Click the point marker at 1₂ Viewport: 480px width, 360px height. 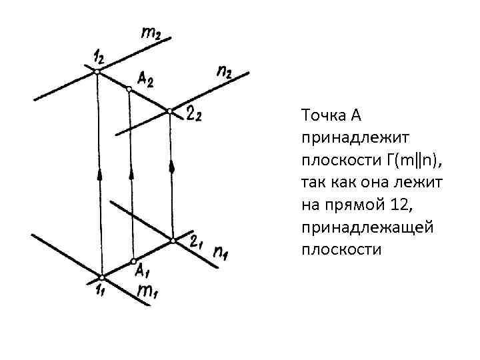pyautogui.click(x=97, y=71)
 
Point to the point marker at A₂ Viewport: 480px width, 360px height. pyautogui.click(x=129, y=89)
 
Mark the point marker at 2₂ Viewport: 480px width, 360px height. pyautogui.click(x=170, y=111)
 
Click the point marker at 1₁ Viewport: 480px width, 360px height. pyautogui.click(x=101, y=277)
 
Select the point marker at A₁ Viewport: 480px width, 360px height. pyautogui.click(x=133, y=260)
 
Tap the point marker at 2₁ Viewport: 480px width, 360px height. pyautogui.click(x=173, y=239)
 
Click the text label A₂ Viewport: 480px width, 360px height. pyautogui.click(x=146, y=81)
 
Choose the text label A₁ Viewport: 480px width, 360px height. pyautogui.click(x=142, y=271)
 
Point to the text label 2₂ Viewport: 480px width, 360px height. pyautogui.click(x=195, y=116)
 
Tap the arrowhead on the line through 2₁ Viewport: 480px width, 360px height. pyautogui.click(x=171, y=165)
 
